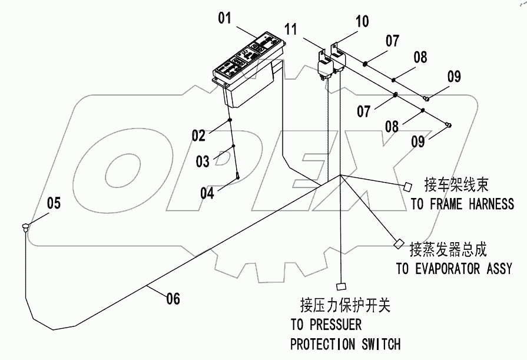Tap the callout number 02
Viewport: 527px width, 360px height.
point(199,136)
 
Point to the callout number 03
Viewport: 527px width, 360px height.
point(203,161)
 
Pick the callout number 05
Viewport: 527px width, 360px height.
point(54,204)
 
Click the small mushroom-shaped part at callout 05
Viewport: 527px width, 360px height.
point(25,226)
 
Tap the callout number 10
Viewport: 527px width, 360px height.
point(362,22)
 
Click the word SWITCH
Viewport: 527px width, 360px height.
point(378,344)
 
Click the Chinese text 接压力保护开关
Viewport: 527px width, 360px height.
point(345,305)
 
